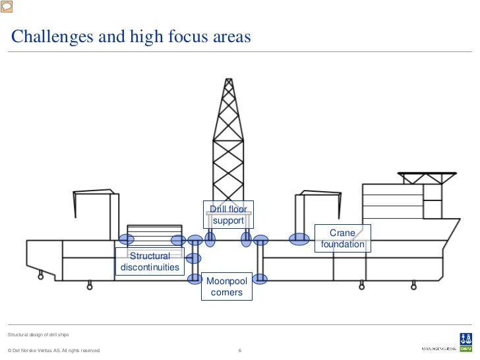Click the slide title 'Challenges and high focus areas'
(x=131, y=37)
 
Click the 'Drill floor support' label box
(x=228, y=215)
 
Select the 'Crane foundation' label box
(x=342, y=239)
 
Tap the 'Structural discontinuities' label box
(x=150, y=262)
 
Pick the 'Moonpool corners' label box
(x=227, y=287)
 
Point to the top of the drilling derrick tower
(x=229, y=81)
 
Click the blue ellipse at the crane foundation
(x=299, y=239)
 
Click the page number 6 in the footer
(x=240, y=350)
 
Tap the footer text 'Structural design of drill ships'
(x=38, y=336)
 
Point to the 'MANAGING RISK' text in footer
(x=439, y=349)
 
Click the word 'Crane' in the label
(x=342, y=233)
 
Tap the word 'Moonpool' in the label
(x=227, y=282)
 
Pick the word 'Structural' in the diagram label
(x=150, y=256)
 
